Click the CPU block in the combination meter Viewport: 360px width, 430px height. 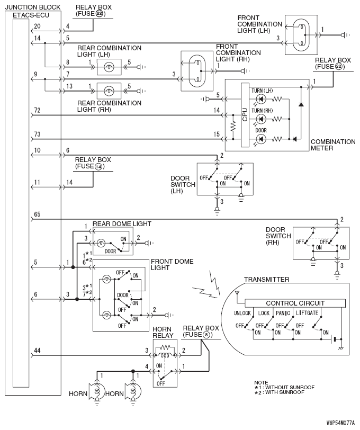245,115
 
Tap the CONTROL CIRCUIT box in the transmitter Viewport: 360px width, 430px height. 295,303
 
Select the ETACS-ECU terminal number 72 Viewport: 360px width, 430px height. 37,110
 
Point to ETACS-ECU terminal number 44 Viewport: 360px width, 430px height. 37,350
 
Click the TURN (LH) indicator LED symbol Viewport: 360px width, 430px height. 261,98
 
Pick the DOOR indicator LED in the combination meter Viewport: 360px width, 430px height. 261,139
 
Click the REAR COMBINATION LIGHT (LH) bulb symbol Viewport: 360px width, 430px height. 109,67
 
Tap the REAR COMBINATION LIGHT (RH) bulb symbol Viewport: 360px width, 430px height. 109,91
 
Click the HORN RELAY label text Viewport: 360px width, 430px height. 163,332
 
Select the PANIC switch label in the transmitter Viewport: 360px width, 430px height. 283,313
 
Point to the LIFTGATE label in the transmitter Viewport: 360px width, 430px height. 307,313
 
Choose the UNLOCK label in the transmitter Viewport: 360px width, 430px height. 242,313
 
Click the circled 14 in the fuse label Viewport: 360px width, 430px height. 98,166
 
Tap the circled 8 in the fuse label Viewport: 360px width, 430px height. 206,335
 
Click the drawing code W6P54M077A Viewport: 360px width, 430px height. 340,423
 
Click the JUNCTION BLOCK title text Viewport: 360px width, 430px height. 33,7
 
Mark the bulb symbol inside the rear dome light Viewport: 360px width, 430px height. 101,243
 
